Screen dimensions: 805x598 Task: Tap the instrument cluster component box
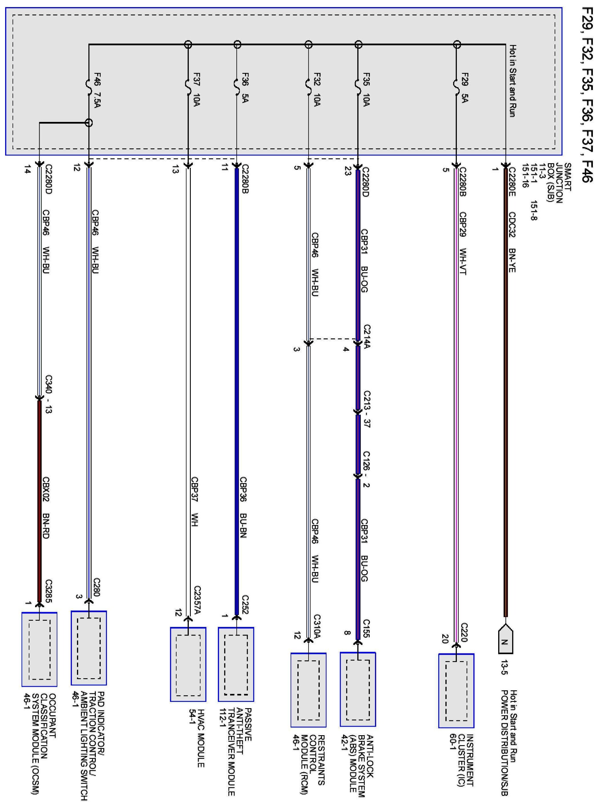456,691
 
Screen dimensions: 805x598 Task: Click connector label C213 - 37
367,409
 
